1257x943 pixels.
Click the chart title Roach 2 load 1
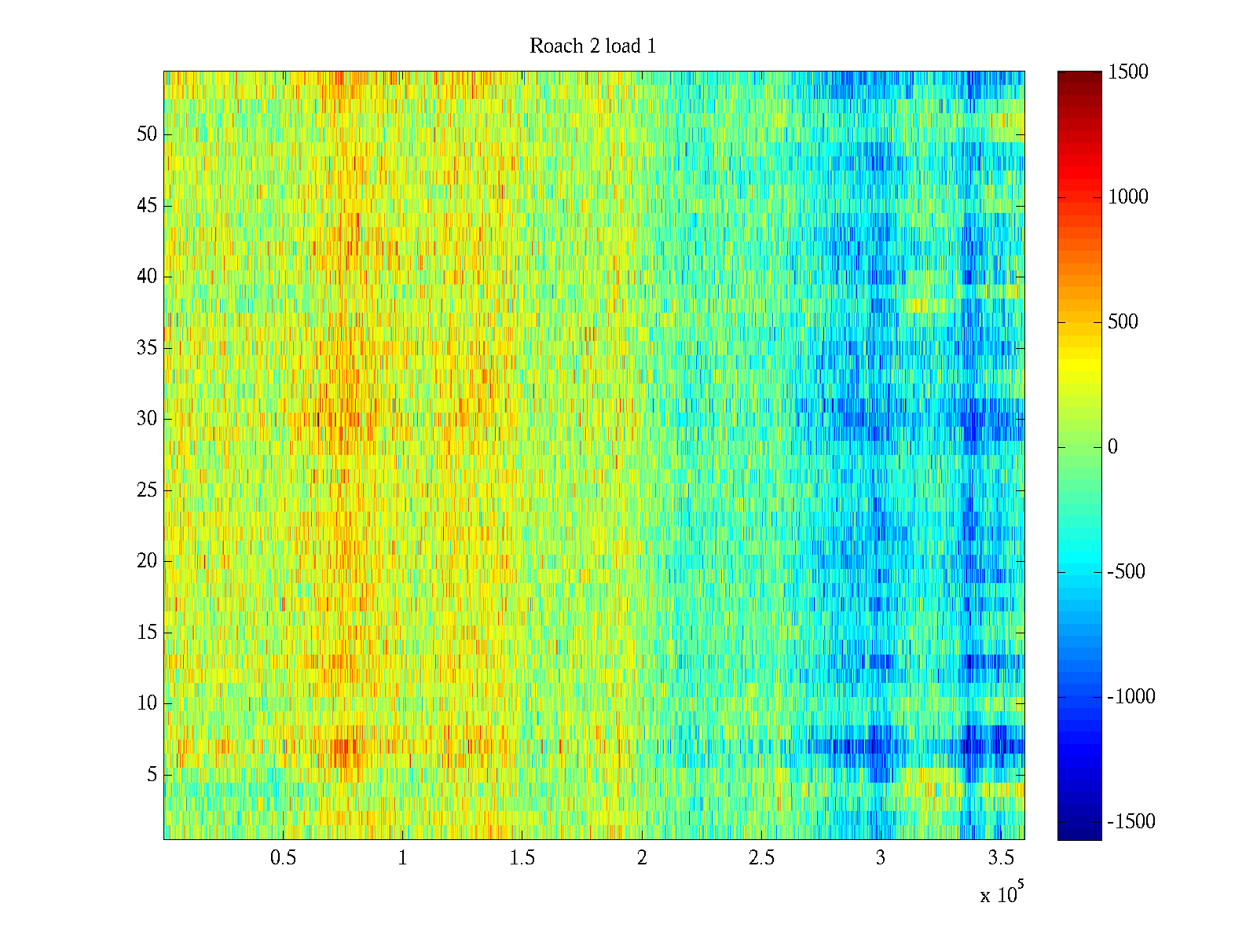[x=593, y=46]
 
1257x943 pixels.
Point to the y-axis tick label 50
[x=147, y=134]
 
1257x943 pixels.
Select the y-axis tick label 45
[x=147, y=206]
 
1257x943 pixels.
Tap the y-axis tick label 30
[x=147, y=419]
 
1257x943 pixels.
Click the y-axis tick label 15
[x=147, y=633]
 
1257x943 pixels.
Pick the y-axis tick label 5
[x=152, y=775]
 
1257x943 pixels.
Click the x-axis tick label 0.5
[x=283, y=858]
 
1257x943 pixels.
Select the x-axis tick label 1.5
[x=522, y=858]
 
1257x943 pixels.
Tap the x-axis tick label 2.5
[x=761, y=858]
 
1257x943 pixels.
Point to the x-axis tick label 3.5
[x=1001, y=858]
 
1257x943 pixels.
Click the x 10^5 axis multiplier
[x=1002, y=893]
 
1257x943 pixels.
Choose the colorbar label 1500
[x=1128, y=72]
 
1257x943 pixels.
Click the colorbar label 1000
[x=1128, y=197]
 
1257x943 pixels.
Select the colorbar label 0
[x=1112, y=447]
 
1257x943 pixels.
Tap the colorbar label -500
[x=1127, y=572]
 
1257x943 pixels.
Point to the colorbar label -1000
[x=1131, y=697]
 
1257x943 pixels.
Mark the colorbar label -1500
[x=1131, y=822]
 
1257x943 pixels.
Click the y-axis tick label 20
[x=147, y=561]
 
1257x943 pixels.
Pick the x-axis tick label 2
[x=642, y=858]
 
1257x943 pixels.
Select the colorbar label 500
[x=1123, y=322]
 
